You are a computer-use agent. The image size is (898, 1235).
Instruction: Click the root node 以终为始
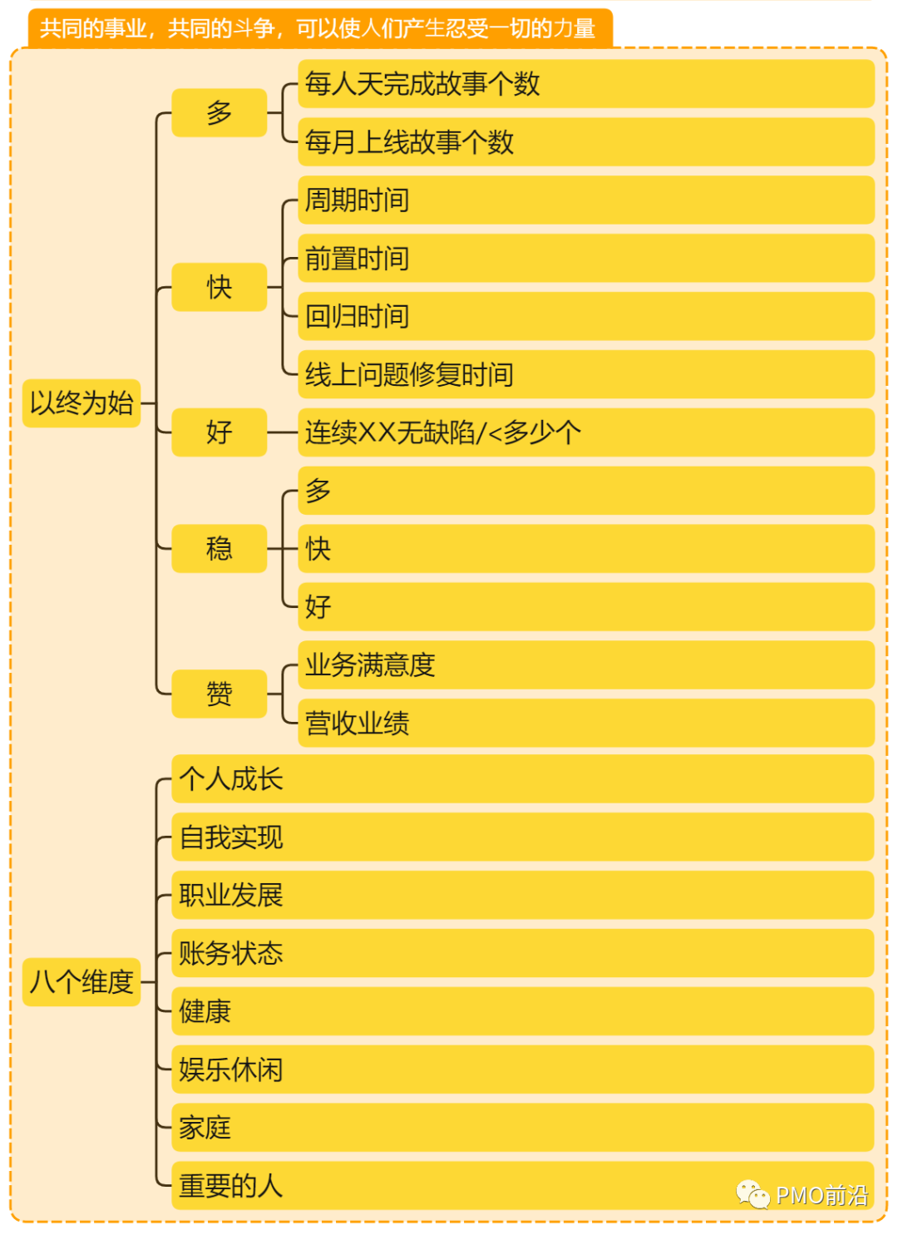81,403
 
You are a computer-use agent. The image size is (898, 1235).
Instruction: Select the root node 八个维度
81,982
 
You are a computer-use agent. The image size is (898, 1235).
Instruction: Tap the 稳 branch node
220,549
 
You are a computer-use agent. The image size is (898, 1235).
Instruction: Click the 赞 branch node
220,694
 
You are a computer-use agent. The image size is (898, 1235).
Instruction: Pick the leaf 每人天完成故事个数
422,84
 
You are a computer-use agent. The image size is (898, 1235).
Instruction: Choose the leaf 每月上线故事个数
409,142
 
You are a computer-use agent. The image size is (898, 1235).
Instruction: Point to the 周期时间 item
358,200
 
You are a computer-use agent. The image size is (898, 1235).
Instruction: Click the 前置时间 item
358,259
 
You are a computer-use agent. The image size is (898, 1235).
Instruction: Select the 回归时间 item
358,316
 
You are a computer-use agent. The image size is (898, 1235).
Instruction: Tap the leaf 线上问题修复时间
409,374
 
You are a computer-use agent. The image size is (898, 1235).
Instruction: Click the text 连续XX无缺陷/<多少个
443,432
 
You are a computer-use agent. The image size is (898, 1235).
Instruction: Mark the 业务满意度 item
370,664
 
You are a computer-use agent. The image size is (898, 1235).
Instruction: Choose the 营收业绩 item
358,723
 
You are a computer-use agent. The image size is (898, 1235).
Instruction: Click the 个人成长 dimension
231,779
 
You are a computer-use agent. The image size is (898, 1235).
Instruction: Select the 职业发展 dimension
231,895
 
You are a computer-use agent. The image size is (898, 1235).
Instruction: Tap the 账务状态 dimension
231,953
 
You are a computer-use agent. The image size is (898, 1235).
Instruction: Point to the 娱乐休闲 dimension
231,1070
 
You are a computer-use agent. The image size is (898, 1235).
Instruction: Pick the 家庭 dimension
205,1128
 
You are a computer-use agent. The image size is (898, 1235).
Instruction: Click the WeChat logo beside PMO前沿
752,1194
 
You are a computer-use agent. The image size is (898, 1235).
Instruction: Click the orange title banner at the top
319,28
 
